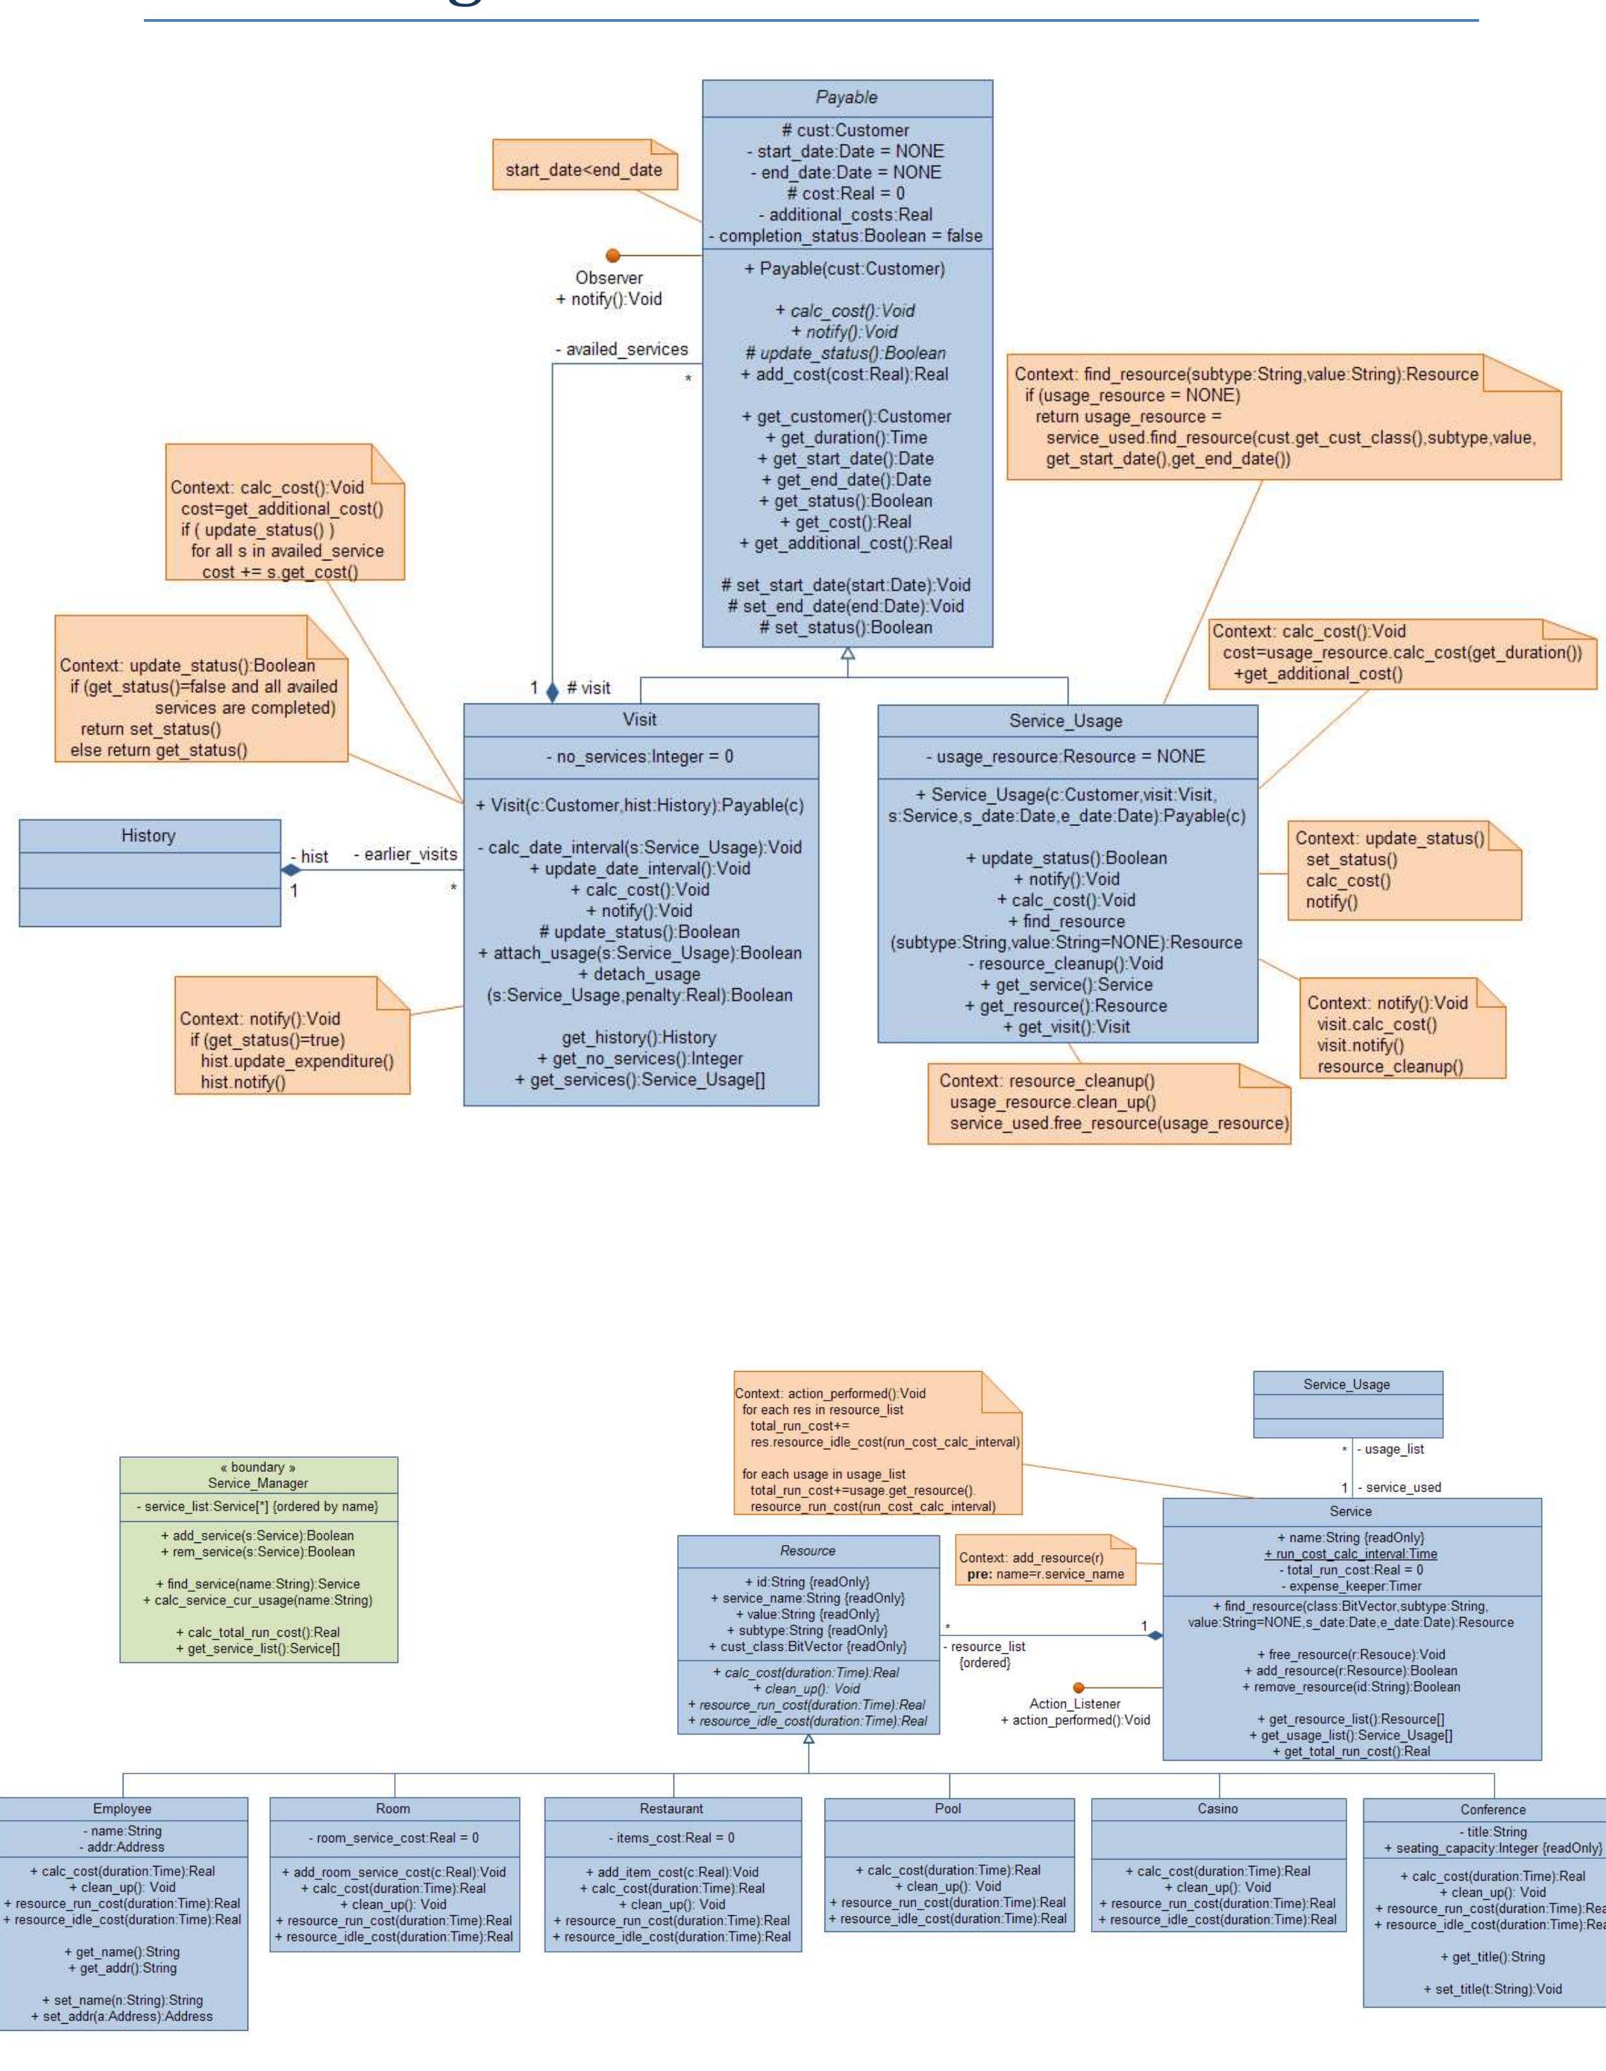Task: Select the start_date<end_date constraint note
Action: click(x=583, y=170)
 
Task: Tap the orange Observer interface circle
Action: click(x=613, y=255)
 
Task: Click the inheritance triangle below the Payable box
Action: click(x=847, y=653)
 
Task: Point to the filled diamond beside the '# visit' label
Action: click(x=552, y=692)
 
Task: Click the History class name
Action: click(x=148, y=835)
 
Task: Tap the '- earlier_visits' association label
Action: click(x=405, y=854)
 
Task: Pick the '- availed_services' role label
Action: click(x=621, y=350)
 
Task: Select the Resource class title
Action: click(x=808, y=1550)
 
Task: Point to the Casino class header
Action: click(x=1217, y=1808)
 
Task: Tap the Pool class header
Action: click(x=948, y=1808)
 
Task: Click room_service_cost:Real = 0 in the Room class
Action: click(x=394, y=1838)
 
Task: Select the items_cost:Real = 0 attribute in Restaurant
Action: click(x=671, y=1838)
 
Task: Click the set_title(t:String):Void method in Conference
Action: click(x=1492, y=1989)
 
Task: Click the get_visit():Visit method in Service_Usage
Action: click(x=1066, y=1026)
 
